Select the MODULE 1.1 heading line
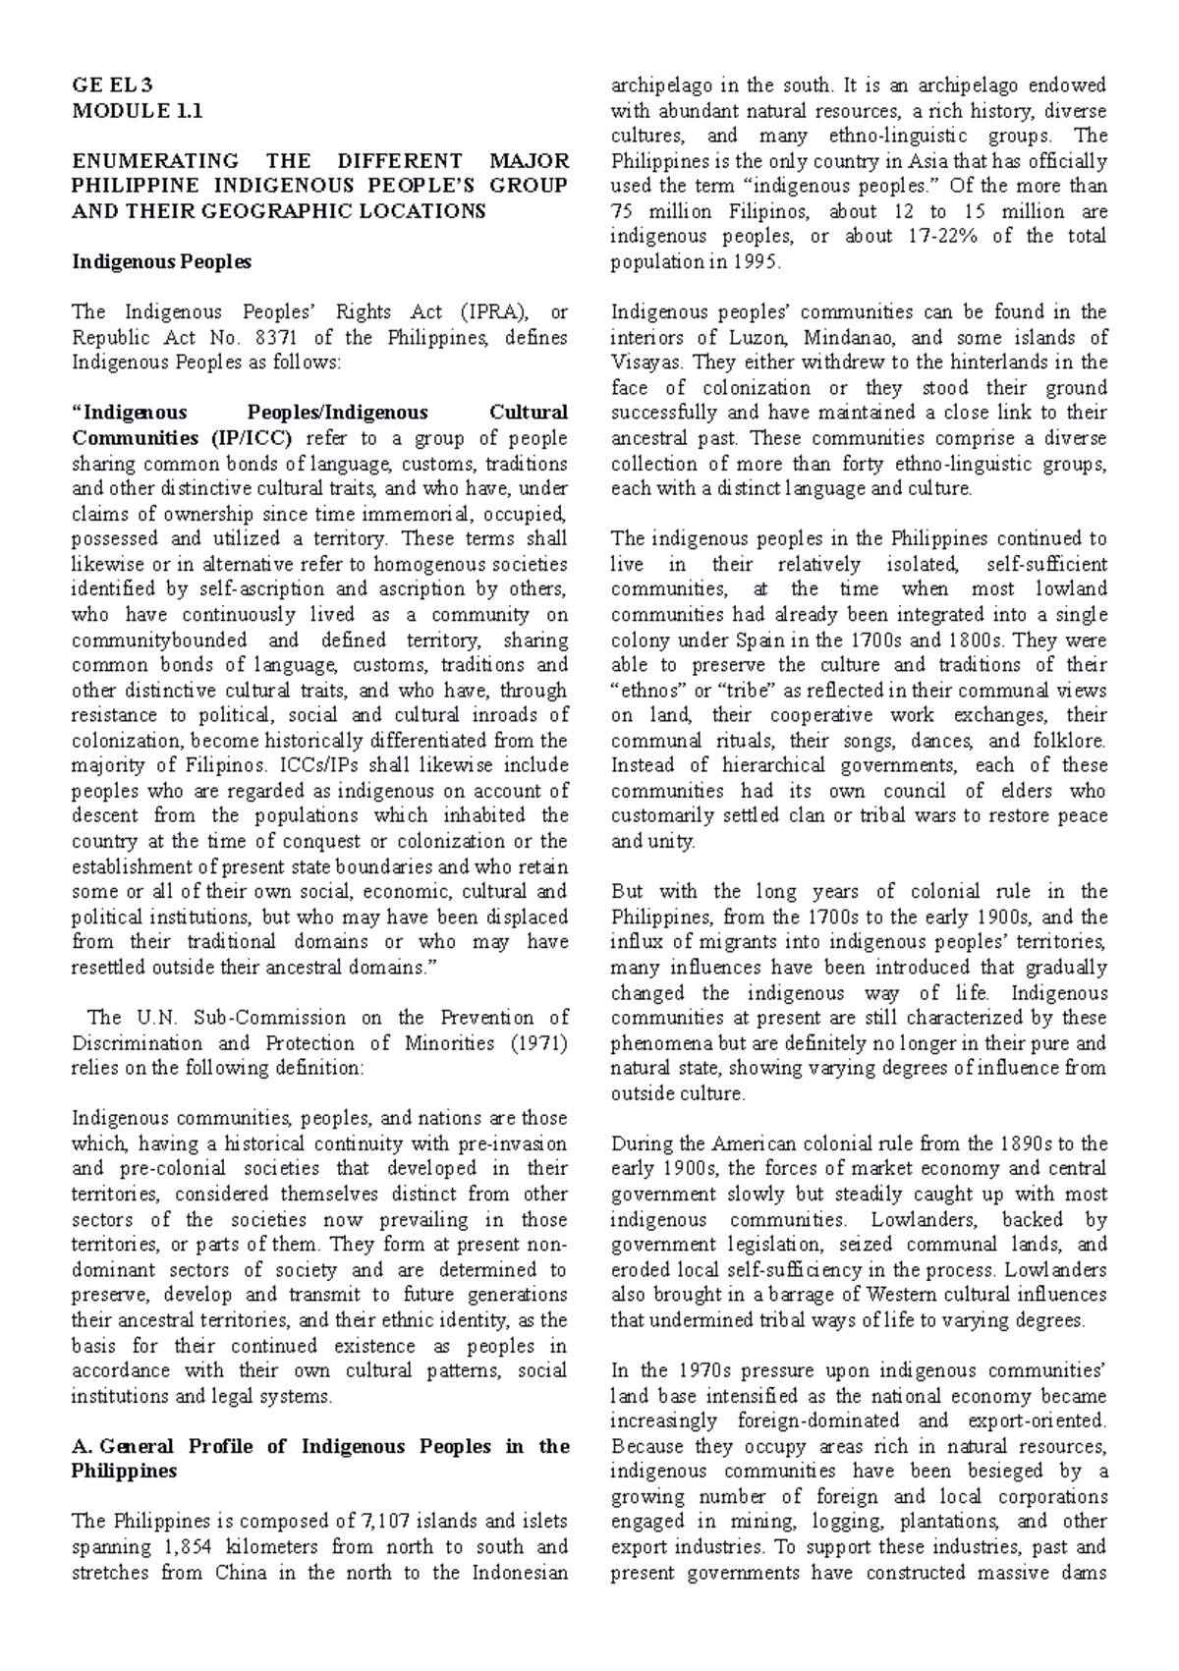click(137, 110)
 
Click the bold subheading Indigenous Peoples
click(162, 261)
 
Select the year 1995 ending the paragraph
click(756, 262)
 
